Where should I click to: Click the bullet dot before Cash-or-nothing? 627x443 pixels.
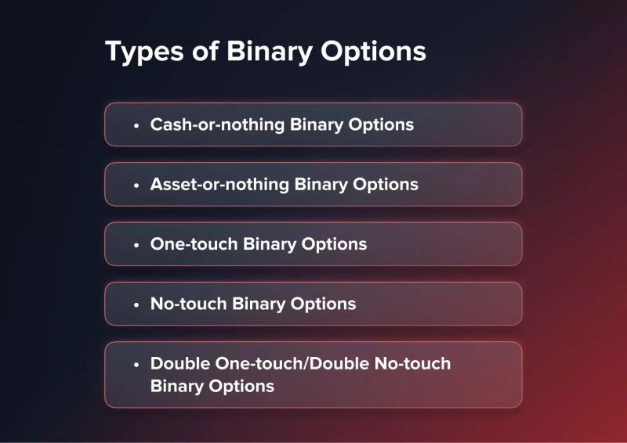[x=136, y=125]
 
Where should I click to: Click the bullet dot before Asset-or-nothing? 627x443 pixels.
[x=136, y=185]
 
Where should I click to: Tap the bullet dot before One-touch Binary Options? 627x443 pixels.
[x=136, y=244]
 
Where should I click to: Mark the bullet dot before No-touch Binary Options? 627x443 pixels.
[x=136, y=304]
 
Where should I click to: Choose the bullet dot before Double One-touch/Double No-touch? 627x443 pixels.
[x=136, y=365]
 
